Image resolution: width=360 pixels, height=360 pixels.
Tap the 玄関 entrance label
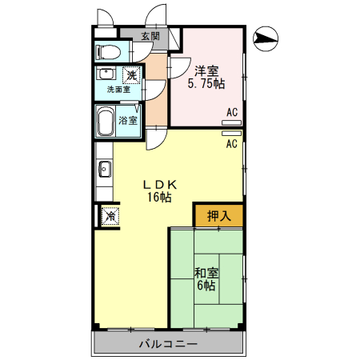(150, 36)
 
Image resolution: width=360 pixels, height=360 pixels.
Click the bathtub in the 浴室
(106, 121)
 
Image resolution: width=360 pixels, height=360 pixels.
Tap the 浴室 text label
(128, 121)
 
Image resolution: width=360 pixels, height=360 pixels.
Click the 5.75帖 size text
(206, 83)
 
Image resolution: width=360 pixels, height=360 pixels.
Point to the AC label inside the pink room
(231, 112)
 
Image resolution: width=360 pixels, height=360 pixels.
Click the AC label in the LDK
(231, 144)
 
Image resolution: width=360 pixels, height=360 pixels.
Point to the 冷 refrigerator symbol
(109, 215)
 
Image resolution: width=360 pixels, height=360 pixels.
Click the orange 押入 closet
(218, 214)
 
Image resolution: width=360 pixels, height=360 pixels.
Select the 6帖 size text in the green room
(206, 286)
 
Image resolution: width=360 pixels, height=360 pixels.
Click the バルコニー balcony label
(168, 345)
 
